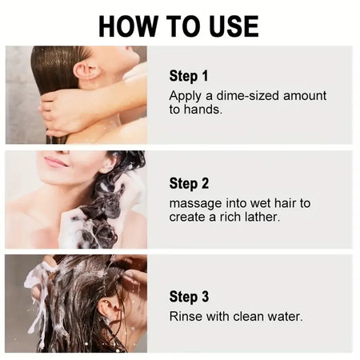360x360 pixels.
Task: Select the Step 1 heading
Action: pos(189,76)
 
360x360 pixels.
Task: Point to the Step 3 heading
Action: pos(189,297)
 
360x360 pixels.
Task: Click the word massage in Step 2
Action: pos(197,203)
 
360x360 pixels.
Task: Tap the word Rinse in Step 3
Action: pos(186,317)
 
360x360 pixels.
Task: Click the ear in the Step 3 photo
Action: pos(106,309)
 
